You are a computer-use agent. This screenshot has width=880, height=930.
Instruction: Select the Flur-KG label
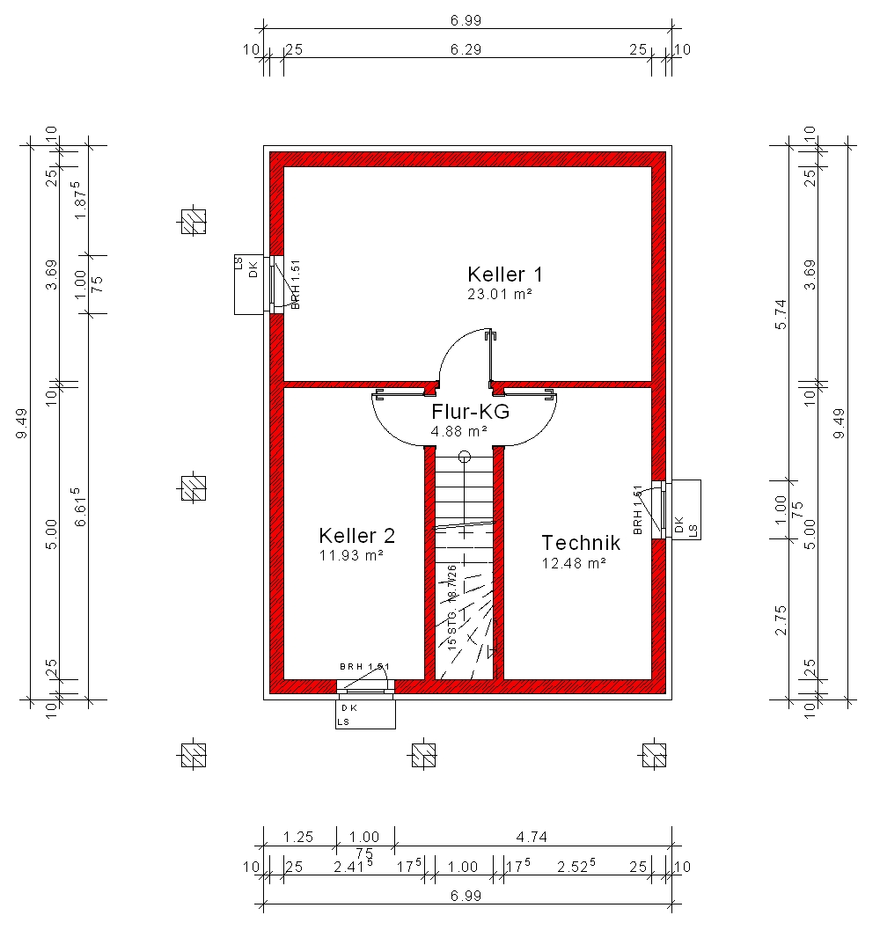[471, 412]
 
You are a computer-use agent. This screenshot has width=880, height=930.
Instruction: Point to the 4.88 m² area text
[459, 431]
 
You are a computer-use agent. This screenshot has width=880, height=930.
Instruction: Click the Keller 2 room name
[357, 536]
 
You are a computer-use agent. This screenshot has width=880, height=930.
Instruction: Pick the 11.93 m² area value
[351, 555]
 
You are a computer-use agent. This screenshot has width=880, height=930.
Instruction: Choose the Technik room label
[581, 543]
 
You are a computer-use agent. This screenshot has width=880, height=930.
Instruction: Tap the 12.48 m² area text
[574, 563]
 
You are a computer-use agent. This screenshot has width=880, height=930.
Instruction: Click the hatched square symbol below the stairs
[423, 755]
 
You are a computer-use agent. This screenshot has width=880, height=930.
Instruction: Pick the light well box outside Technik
[685, 510]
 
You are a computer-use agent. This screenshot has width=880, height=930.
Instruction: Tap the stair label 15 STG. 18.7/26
[451, 607]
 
